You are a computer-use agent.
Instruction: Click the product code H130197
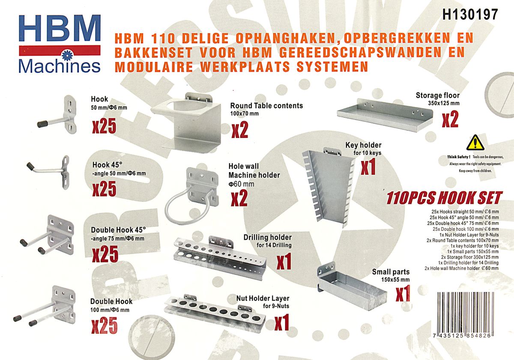470,15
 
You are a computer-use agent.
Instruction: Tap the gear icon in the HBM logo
68,55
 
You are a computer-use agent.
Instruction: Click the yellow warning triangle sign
475,143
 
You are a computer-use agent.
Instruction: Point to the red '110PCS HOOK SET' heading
445,198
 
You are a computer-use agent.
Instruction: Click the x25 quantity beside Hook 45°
105,189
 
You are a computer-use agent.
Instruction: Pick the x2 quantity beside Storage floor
450,119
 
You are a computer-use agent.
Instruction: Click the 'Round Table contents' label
266,105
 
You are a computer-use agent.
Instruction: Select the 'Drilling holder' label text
268,237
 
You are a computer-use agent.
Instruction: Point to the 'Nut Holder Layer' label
263,298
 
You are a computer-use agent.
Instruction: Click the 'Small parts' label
391,272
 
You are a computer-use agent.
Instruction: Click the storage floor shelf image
385,115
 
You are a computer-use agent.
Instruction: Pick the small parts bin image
352,286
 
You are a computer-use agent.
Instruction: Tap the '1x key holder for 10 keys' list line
475,246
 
